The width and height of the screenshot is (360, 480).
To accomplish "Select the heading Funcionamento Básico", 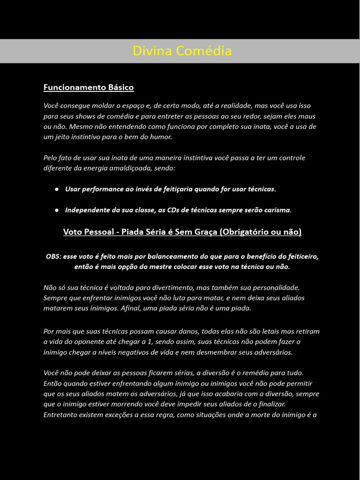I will [89, 87].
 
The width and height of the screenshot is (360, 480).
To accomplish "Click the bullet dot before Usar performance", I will [57, 189].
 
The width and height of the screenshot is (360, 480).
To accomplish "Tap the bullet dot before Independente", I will [57, 210].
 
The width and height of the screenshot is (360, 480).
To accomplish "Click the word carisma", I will [277, 210].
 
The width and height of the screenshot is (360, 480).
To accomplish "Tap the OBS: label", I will [53, 256].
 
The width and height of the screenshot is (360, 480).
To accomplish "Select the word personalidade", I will [278, 287].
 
